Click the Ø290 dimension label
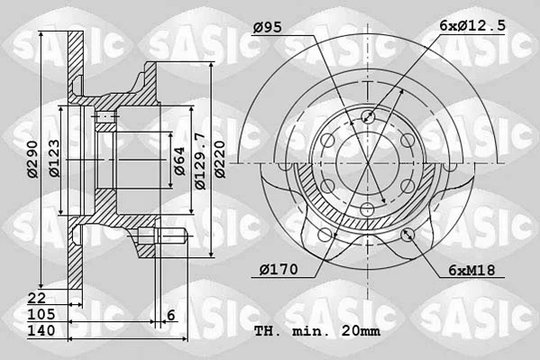32,159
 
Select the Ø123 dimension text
54,158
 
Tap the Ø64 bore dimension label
179,161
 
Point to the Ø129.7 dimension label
200,161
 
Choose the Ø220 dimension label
220,160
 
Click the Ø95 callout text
267,27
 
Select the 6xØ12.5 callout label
472,25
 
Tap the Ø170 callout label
279,269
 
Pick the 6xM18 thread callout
471,270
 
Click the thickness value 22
36,298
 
